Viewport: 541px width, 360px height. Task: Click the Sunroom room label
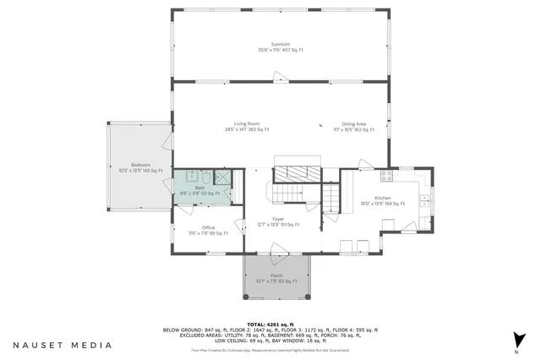(x=280, y=46)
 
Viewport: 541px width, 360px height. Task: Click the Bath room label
(x=199, y=190)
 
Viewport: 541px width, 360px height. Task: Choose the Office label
(x=208, y=229)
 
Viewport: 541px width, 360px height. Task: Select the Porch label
(x=276, y=278)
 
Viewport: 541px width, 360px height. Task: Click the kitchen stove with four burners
(x=386, y=176)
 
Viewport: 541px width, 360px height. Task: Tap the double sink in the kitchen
(x=424, y=202)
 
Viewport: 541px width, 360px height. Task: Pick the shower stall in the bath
(x=223, y=177)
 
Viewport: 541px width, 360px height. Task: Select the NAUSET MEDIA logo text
(x=62, y=345)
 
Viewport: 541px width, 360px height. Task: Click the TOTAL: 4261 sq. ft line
(x=270, y=325)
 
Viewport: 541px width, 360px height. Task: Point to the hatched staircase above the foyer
(x=297, y=173)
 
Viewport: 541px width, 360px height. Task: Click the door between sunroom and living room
(x=280, y=81)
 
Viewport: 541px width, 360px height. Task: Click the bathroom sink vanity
(x=205, y=177)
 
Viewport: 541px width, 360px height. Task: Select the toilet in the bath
(x=187, y=177)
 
